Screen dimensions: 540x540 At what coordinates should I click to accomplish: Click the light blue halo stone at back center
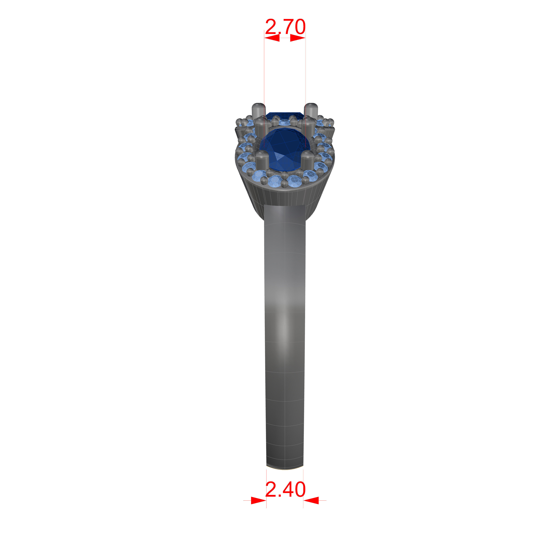(285, 122)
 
